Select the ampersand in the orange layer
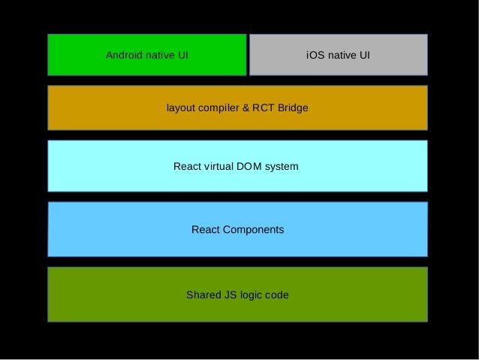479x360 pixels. pyautogui.click(x=245, y=108)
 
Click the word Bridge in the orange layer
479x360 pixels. pyautogui.click(x=293, y=108)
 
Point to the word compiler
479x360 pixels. pyautogui.click(x=218, y=108)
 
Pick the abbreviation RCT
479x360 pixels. pyautogui.click(x=263, y=108)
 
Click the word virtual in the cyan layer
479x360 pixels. pyautogui.click(x=218, y=166)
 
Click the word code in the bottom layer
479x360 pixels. pyautogui.click(x=277, y=295)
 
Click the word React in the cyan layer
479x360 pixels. pyautogui.click(x=187, y=166)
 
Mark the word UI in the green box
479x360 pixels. pyautogui.click(x=182, y=55)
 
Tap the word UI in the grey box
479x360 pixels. pyautogui.click(x=363, y=55)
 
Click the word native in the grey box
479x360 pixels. pyautogui.click(x=341, y=55)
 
